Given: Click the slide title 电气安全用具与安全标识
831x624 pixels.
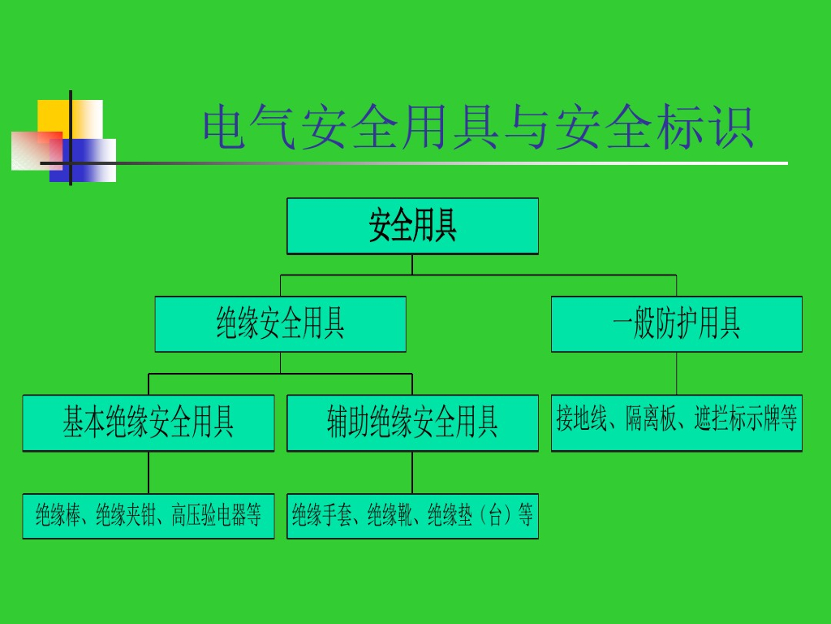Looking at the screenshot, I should pyautogui.click(x=479, y=128).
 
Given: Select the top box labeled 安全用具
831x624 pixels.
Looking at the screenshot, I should pyautogui.click(x=412, y=226).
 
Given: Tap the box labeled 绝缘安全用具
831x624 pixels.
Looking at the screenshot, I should pyautogui.click(x=280, y=323).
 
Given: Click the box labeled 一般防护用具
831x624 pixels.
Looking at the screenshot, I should pyautogui.click(x=676, y=323).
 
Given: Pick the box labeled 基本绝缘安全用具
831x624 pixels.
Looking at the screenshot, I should pyautogui.click(x=149, y=422).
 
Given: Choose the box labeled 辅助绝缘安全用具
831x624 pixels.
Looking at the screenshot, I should pyautogui.click(x=412, y=422).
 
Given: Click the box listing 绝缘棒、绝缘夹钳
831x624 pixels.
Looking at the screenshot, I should pyautogui.click(x=149, y=516).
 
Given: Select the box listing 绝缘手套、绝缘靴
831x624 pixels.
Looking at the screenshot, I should pyautogui.click(x=412, y=516).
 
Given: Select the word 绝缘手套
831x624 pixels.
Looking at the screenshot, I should pyautogui.click(x=322, y=516).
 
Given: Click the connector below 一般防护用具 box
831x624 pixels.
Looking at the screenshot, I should pyautogui.click(x=676, y=373).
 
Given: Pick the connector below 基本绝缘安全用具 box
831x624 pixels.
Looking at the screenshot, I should pyautogui.click(x=149, y=472).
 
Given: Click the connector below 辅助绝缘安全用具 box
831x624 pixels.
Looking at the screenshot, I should pyautogui.click(x=412, y=472).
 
